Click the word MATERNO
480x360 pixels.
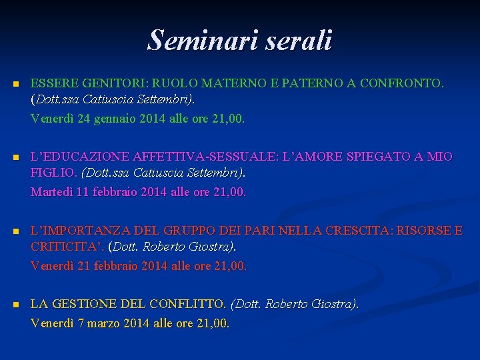click(247, 84)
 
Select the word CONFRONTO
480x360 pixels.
click(404, 84)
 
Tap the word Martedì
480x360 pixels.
click(52, 193)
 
